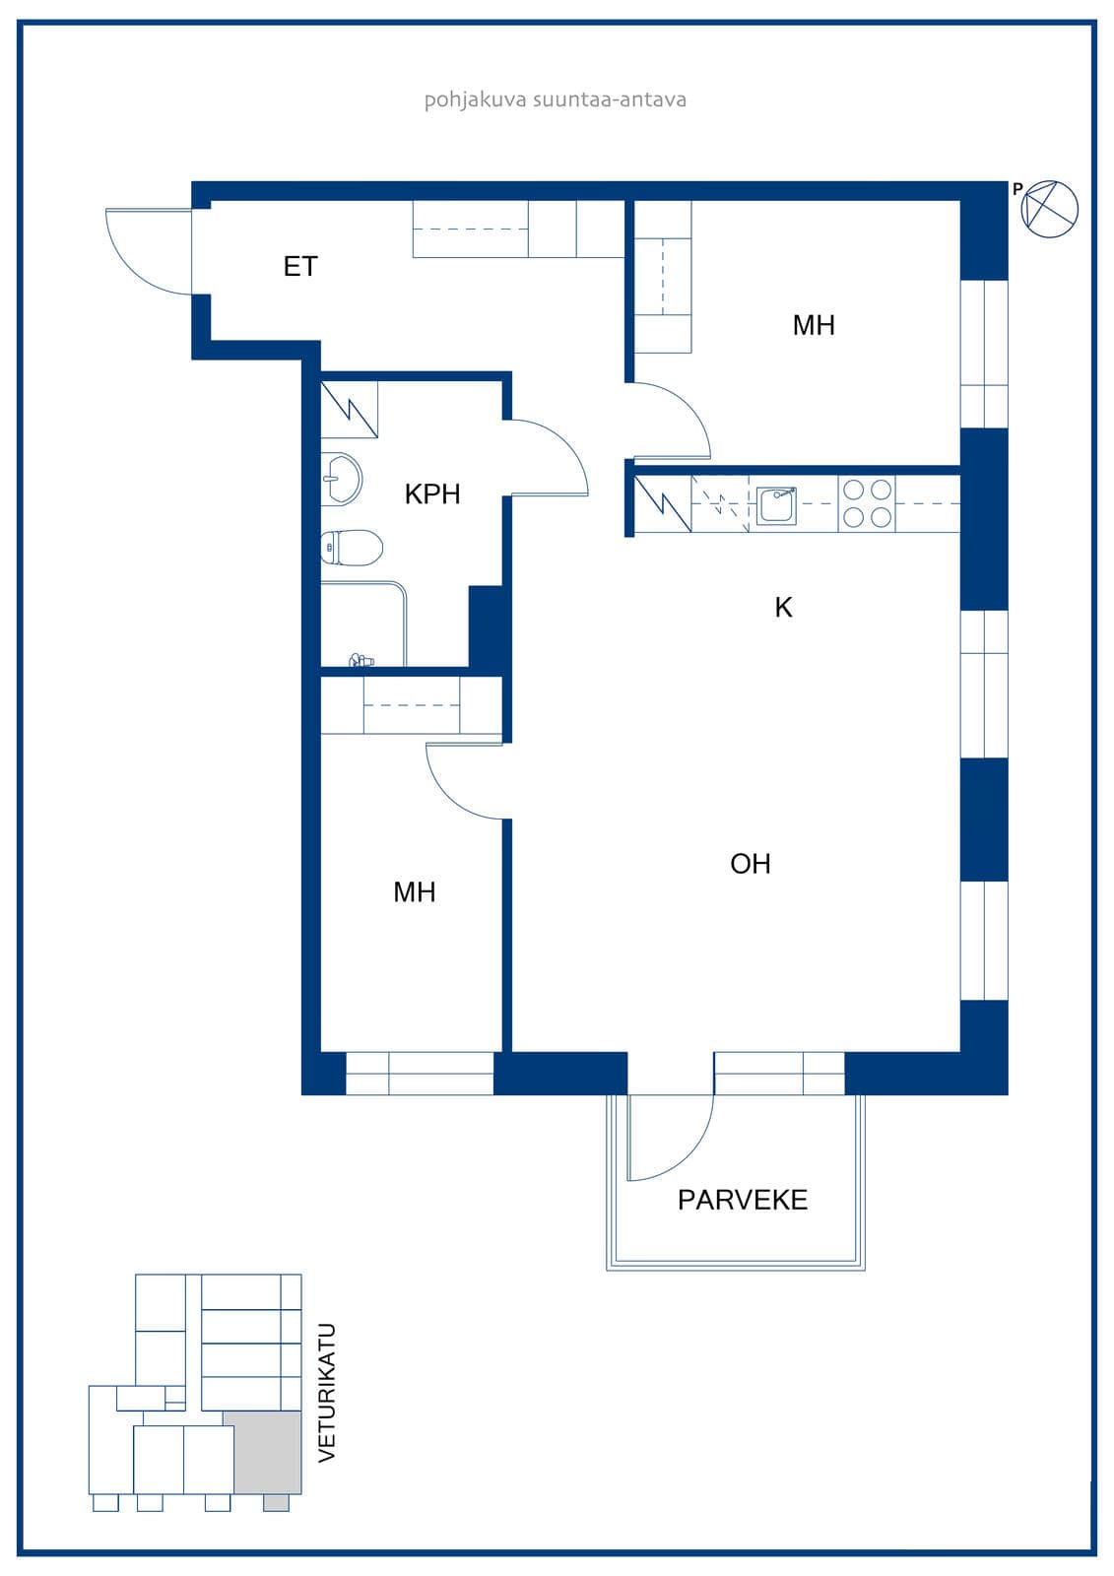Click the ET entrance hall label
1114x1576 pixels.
pyautogui.click(x=300, y=267)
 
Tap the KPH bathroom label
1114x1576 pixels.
pyautogui.click(x=432, y=493)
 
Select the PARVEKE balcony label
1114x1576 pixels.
pyautogui.click(x=743, y=1200)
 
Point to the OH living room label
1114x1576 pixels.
pyautogui.click(x=751, y=863)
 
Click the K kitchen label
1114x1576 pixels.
pyautogui.click(x=783, y=607)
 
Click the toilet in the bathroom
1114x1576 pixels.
pyautogui.click(x=352, y=547)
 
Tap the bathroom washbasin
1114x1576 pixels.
pyautogui.click(x=342, y=479)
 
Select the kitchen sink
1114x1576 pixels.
pyautogui.click(x=777, y=505)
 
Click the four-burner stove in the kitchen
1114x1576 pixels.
pyautogui.click(x=867, y=503)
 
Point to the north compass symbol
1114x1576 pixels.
pyautogui.click(x=1049, y=209)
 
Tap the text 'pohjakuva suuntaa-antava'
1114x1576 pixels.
pyautogui.click(x=556, y=99)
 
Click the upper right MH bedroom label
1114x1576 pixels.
pyautogui.click(x=814, y=325)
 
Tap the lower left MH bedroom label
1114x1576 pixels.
pyautogui.click(x=415, y=892)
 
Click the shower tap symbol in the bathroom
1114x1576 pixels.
pyautogui.click(x=361, y=660)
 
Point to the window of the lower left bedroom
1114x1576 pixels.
pyautogui.click(x=420, y=1074)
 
